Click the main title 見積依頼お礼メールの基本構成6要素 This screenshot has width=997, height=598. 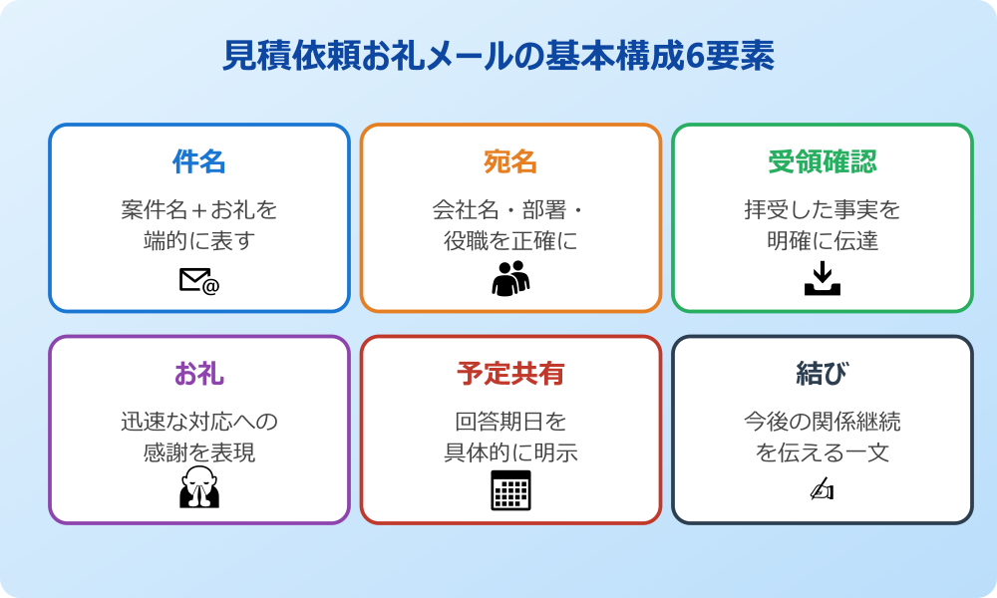(498, 57)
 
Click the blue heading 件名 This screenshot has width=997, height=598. (199, 160)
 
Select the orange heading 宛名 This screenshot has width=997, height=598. (510, 160)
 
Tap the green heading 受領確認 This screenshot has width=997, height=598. (822, 160)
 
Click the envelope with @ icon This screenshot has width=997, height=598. (199, 282)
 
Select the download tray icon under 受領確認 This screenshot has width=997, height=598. (823, 278)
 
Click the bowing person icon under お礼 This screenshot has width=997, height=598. (199, 487)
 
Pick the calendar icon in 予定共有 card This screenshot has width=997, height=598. (510, 489)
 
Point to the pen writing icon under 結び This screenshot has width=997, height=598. (822, 489)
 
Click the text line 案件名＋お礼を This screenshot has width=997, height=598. (199, 210)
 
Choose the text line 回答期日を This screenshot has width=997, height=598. (510, 422)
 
